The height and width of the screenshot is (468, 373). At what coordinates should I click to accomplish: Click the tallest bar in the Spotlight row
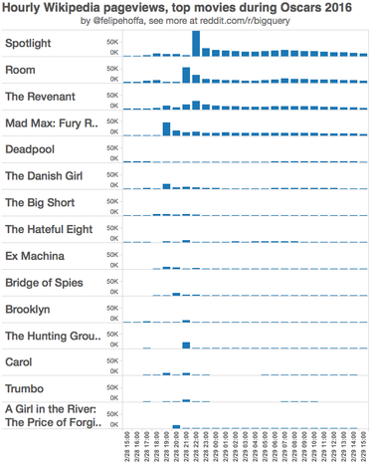pyautogui.click(x=196, y=44)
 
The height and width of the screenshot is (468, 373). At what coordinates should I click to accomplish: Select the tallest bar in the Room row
pyautogui.click(x=186, y=75)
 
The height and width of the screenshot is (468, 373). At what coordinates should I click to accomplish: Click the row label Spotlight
pyautogui.click(x=29, y=44)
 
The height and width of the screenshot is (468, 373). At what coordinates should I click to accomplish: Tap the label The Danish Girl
pyautogui.click(x=43, y=176)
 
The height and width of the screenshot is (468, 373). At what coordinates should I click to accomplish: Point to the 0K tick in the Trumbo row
pyautogui.click(x=114, y=397)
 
